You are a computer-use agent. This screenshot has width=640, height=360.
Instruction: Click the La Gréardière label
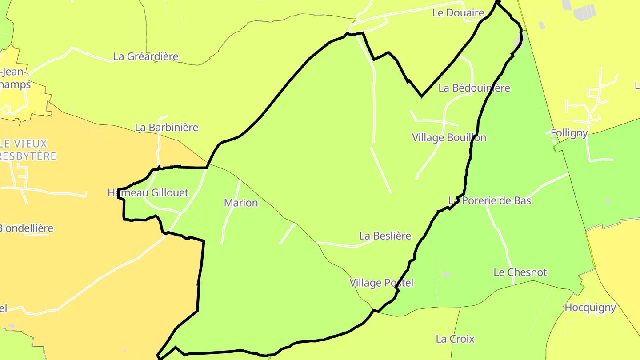146,56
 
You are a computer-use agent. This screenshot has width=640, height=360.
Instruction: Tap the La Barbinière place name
167,128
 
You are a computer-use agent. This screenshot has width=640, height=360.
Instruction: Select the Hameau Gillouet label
148,193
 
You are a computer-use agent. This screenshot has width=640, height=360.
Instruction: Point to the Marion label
241,203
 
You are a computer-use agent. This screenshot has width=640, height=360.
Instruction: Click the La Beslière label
385,236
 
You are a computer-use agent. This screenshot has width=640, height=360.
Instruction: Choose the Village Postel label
381,283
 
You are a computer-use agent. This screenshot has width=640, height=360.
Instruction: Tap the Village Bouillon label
449,138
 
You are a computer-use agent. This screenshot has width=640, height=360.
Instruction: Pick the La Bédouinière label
474,88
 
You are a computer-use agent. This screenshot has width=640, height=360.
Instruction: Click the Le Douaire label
458,13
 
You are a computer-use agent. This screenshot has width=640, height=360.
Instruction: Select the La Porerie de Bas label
490,201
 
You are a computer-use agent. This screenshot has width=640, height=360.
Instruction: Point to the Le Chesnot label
520,272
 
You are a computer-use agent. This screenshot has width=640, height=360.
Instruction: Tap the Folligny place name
569,133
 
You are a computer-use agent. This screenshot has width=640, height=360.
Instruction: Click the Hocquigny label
590,308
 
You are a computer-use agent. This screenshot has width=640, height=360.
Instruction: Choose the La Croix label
455,339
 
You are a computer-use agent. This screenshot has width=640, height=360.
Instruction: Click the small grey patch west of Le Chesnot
446,274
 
